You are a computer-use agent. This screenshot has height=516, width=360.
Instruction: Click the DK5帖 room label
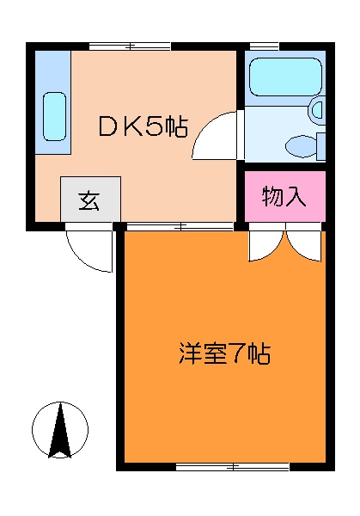point(142,126)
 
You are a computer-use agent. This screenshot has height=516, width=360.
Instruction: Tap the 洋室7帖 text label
point(225,353)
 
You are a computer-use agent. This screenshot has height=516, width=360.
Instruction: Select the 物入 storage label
point(284,197)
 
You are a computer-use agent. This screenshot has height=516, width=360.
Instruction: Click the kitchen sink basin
point(53,115)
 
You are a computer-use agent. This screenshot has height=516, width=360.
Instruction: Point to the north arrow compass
point(60,429)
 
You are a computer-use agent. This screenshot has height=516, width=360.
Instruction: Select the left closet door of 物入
point(263,245)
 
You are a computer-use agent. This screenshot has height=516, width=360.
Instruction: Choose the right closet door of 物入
point(305,245)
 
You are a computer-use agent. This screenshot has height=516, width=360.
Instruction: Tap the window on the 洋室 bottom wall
point(232,466)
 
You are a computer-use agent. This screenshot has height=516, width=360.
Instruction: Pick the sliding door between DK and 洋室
point(180,226)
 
